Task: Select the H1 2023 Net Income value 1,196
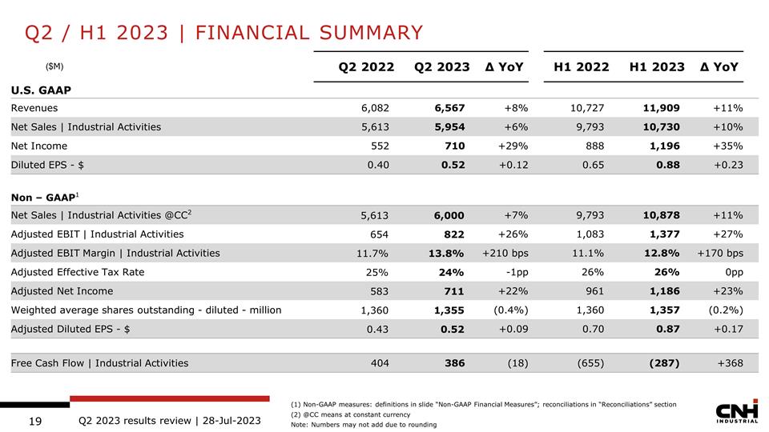(x=662, y=146)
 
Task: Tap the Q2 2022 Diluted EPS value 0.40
(x=376, y=165)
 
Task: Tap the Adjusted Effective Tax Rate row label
(x=78, y=272)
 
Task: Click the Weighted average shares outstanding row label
(x=146, y=310)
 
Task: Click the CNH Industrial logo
(x=736, y=413)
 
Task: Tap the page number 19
(x=35, y=420)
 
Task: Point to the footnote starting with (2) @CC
(x=350, y=414)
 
